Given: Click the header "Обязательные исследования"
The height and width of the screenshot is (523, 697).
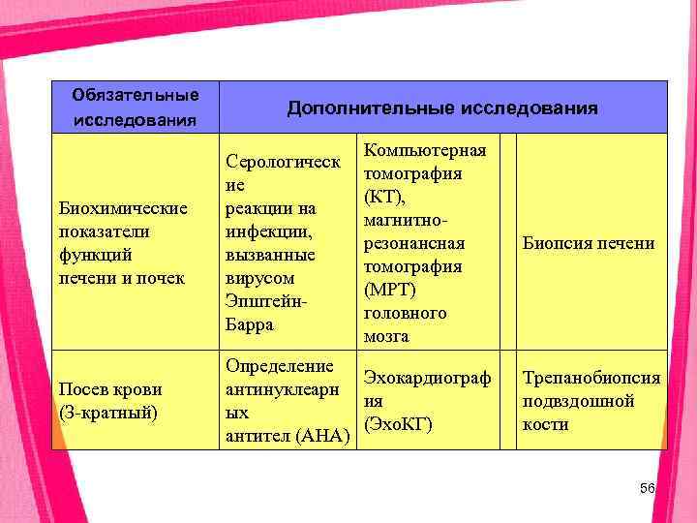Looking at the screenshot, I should tap(136, 108).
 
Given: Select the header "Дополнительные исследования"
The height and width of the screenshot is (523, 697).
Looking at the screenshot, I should tap(442, 108).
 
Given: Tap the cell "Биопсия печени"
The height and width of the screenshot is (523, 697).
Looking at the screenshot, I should tap(589, 243).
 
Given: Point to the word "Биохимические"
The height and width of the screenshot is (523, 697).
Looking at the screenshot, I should tap(123, 208).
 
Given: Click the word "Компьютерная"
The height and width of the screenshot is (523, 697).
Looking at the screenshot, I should tap(426, 150).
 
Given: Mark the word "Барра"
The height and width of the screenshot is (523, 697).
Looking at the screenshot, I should tap(249, 324).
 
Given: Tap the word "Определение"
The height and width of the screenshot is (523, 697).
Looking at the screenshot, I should tap(280, 366).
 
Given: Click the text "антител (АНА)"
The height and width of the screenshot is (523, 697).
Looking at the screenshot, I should tap(287, 436).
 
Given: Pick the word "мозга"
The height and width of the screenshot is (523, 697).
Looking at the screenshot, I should tap(386, 336).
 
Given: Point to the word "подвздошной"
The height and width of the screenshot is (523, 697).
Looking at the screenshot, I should tap(578, 401).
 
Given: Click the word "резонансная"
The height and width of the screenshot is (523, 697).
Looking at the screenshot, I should tap(414, 243).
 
